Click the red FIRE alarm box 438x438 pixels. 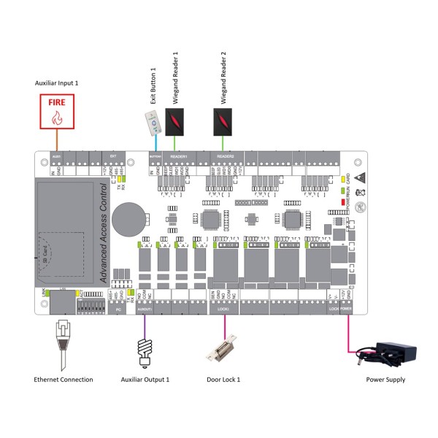point(58,111)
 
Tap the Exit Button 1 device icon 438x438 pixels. point(150,125)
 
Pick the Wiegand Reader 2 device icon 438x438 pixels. point(224,120)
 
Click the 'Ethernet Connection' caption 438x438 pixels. point(64,380)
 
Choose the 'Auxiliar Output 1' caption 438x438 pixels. point(145,380)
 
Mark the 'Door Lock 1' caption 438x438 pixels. point(223,380)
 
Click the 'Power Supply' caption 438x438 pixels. point(385,380)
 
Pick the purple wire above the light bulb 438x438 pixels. point(144,326)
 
